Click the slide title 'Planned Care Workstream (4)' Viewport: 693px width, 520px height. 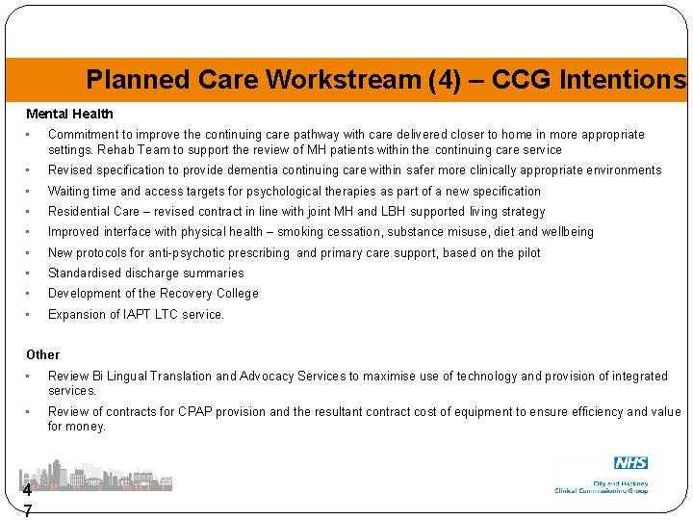point(255,79)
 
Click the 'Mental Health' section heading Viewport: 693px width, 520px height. point(69,114)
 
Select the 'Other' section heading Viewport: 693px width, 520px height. point(42,354)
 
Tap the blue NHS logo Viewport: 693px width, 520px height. point(630,463)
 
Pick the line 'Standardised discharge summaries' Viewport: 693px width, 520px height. point(145,273)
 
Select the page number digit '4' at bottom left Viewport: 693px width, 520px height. point(27,489)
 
